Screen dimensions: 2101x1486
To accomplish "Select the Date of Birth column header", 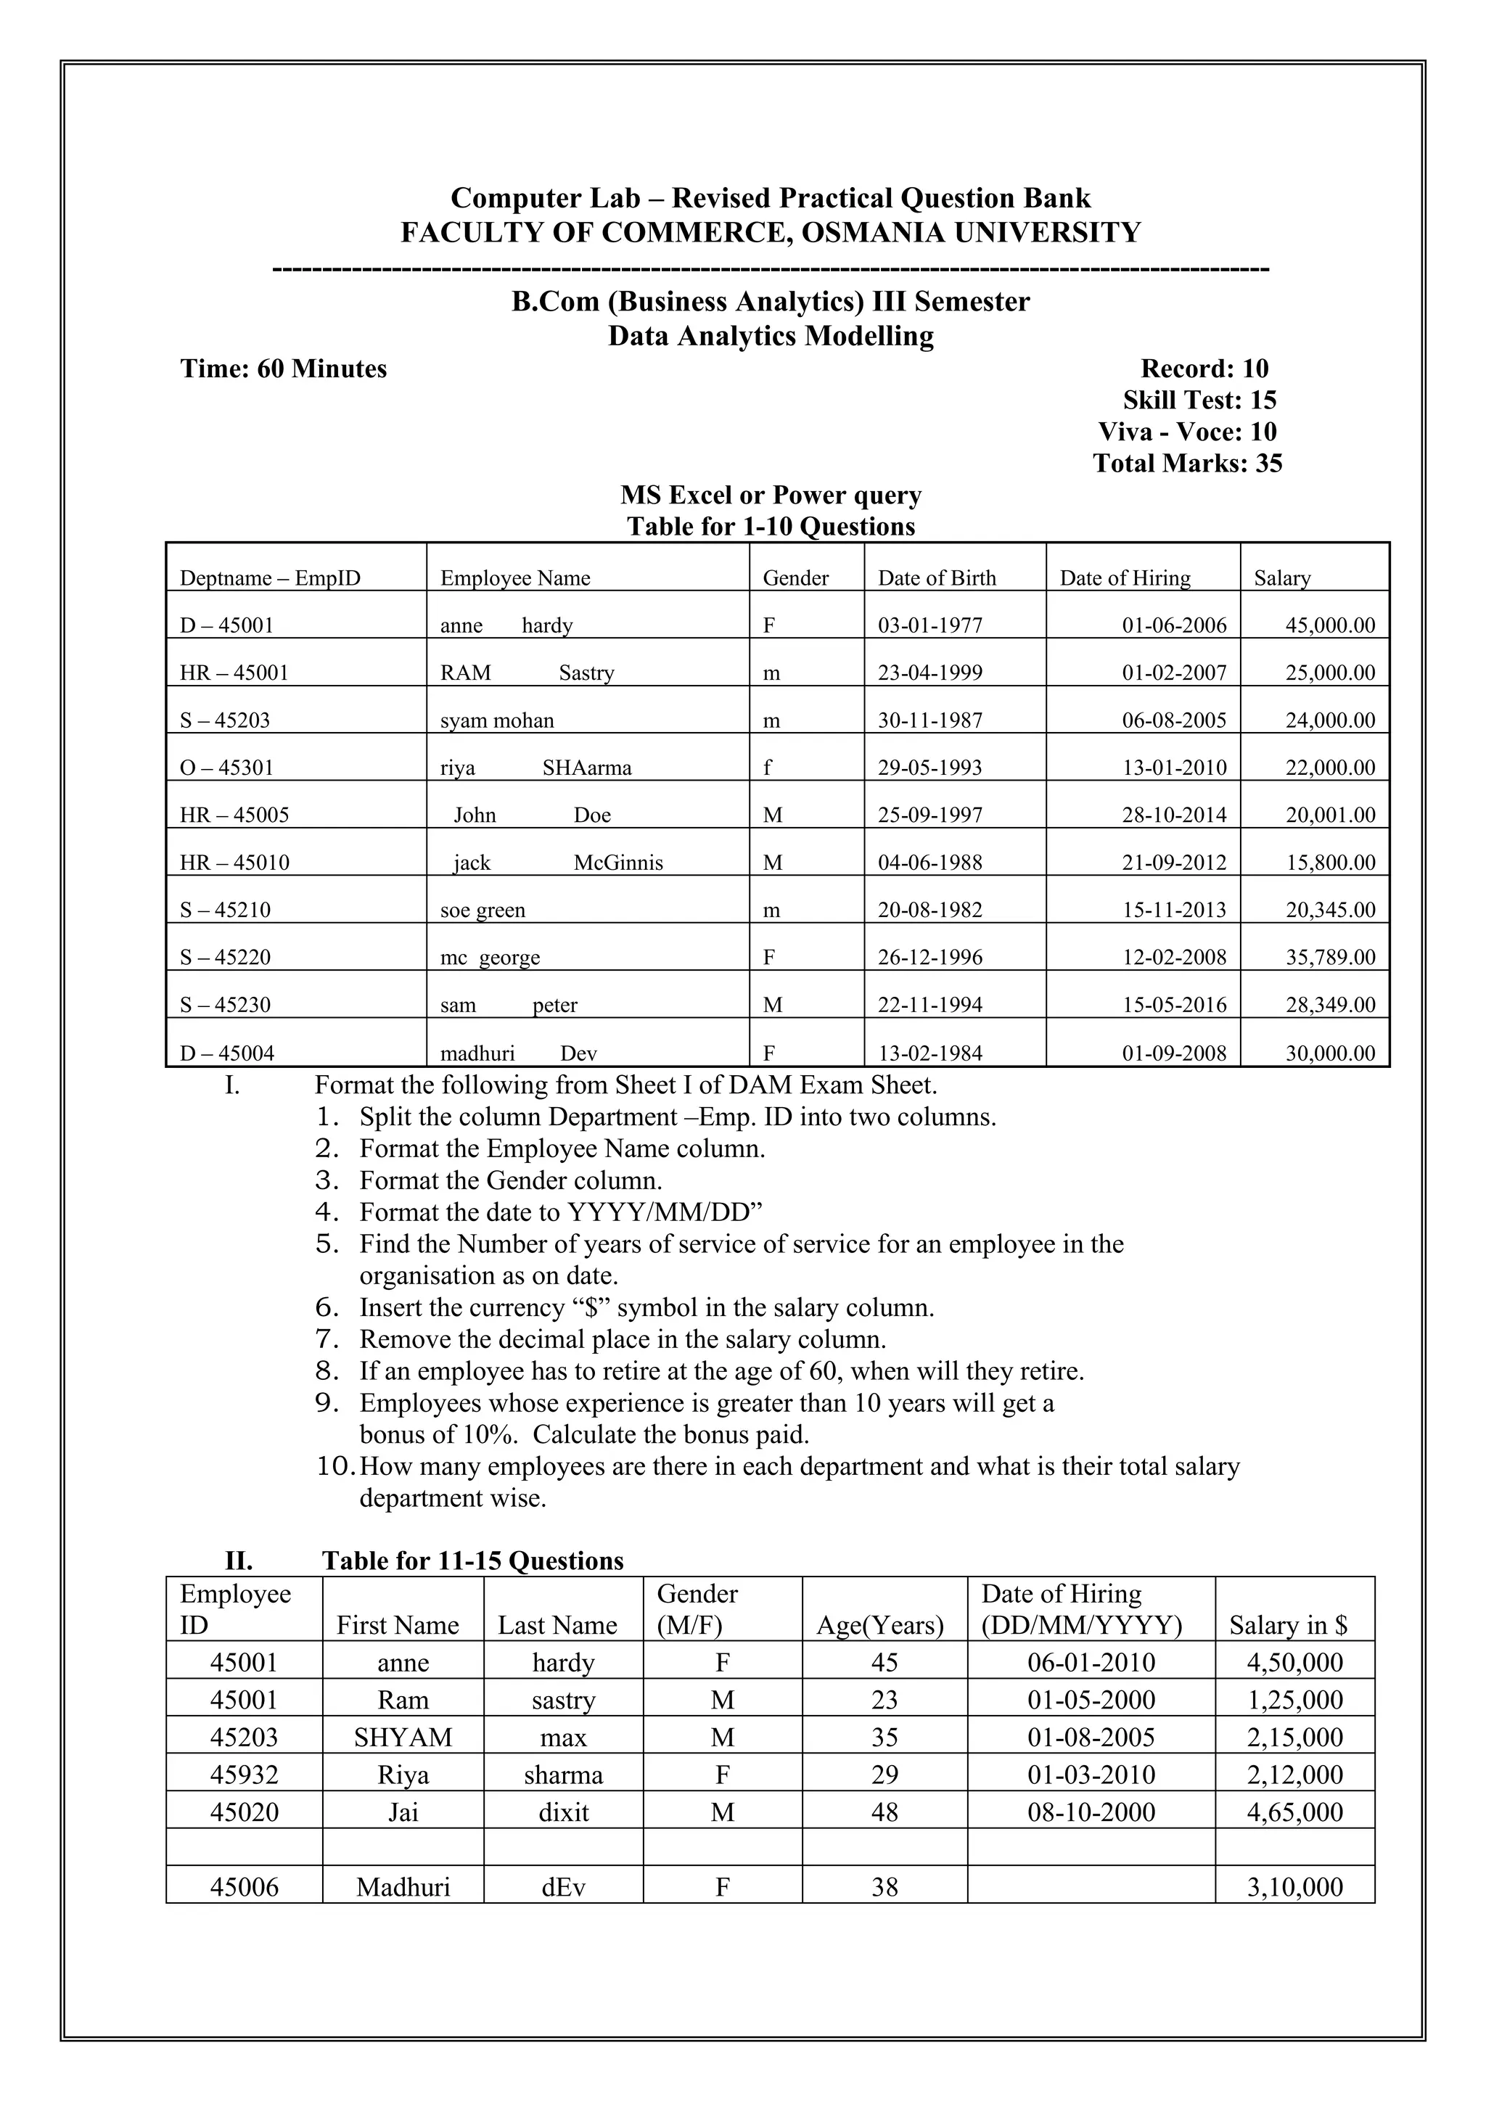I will [936, 578].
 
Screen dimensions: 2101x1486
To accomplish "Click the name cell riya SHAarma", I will [535, 768].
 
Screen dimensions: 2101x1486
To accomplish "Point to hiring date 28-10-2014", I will [1174, 815].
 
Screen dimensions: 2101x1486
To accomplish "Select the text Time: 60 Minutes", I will [284, 369].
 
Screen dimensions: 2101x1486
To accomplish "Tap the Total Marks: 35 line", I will [1187, 463].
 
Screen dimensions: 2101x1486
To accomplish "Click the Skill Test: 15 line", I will [1199, 400].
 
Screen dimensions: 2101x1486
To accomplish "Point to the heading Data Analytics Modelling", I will [771, 336].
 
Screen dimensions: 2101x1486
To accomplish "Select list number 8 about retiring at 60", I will [329, 1370].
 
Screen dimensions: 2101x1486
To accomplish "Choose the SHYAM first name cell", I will [403, 1737].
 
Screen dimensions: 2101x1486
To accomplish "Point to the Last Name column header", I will [557, 1625].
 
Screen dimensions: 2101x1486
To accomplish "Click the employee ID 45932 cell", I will [245, 1775].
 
